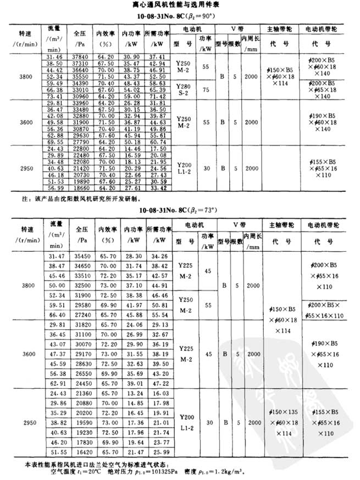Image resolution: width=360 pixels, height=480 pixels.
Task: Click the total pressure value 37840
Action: click(x=81, y=56)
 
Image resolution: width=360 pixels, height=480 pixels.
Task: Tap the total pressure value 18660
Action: click(x=81, y=187)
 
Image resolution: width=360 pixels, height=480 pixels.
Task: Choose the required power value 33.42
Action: click(x=157, y=187)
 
